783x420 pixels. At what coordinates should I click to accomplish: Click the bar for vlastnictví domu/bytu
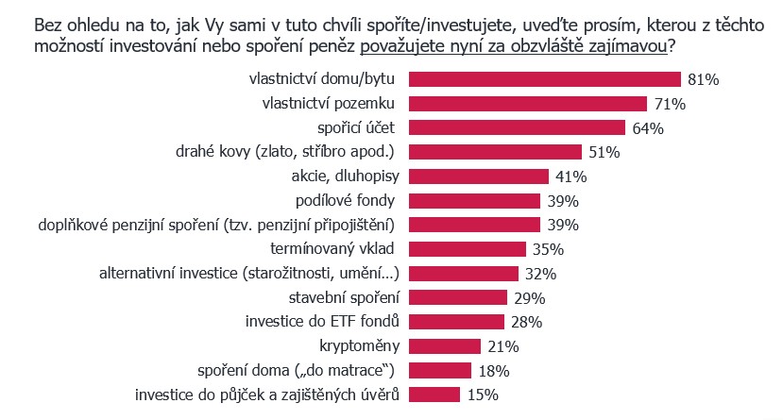point(547,79)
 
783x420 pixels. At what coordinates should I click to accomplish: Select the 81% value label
point(704,80)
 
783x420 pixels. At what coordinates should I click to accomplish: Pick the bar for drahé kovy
point(497,152)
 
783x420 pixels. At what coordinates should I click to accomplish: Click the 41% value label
point(571,176)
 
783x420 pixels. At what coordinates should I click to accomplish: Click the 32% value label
point(541,274)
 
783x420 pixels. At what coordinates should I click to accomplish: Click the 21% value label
point(503,346)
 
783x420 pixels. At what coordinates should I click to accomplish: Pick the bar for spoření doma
point(443,370)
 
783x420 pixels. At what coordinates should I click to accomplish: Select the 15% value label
point(482,395)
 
